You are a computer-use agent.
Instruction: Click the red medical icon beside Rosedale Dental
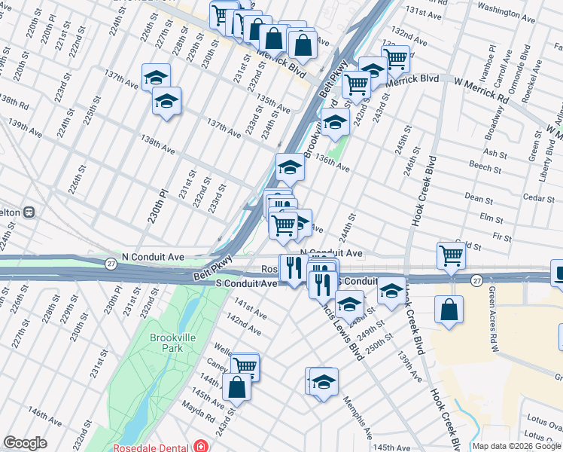coord(199,447)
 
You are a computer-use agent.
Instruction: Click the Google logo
coord(26,443)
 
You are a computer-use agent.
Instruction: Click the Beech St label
coord(479,166)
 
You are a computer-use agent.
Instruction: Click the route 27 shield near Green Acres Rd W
coord(477,280)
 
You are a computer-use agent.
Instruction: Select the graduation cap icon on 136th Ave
coord(289,169)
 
